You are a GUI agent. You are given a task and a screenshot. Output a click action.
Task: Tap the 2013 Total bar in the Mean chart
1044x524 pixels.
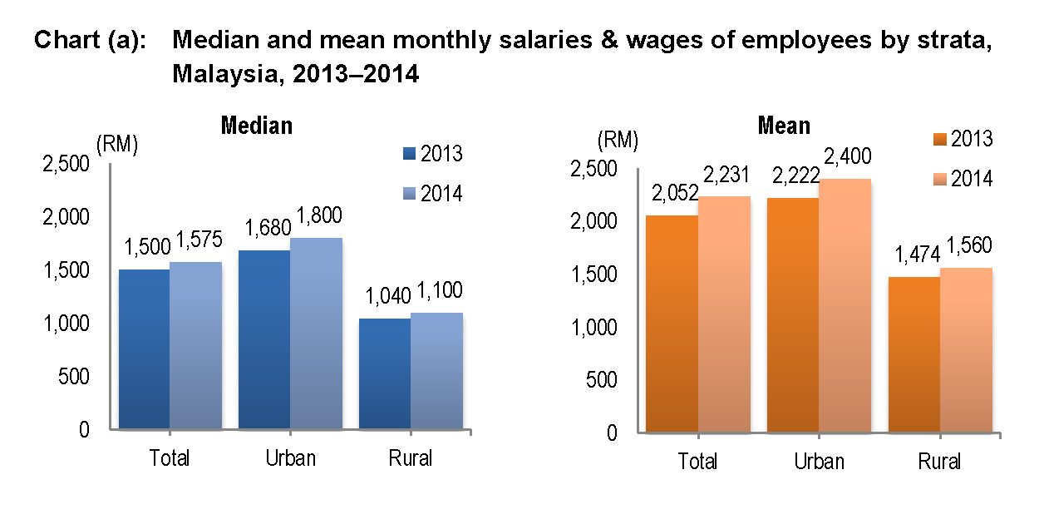672,324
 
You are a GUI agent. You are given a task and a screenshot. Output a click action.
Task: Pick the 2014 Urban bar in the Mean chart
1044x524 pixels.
845,305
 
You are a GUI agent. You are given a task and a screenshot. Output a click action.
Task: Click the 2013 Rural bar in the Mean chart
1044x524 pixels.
914,354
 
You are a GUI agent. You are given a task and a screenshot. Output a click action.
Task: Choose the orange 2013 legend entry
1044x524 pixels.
961,139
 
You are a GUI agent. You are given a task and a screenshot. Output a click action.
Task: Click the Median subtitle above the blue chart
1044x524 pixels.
256,126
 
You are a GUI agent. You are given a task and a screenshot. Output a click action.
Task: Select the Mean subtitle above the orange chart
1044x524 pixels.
784,126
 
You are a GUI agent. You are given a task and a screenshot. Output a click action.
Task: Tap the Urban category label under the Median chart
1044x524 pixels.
290,458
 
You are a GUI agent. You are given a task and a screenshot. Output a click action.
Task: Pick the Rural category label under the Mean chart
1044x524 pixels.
939,462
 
